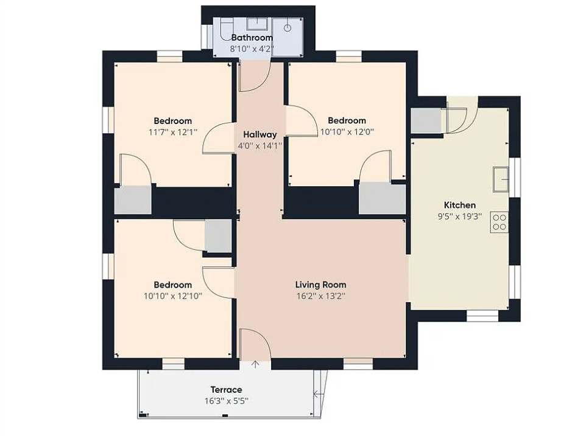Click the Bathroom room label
(x=252, y=38)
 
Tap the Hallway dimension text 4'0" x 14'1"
(x=260, y=146)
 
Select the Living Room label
(x=320, y=285)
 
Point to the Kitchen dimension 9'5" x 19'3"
(x=460, y=216)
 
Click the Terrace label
(x=226, y=390)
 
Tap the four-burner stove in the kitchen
(x=499, y=222)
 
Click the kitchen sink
(x=501, y=179)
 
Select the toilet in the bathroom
(x=226, y=29)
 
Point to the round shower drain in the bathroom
(x=288, y=28)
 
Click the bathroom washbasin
(x=257, y=24)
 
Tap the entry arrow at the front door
(x=255, y=364)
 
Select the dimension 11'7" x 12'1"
(x=173, y=132)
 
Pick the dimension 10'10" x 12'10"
(x=173, y=296)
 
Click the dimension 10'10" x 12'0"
(x=347, y=132)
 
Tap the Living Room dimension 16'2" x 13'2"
(x=320, y=296)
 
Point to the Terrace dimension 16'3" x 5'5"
(x=226, y=401)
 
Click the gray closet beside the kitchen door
(x=426, y=120)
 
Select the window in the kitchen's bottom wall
(x=482, y=316)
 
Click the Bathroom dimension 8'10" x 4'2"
(x=252, y=49)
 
